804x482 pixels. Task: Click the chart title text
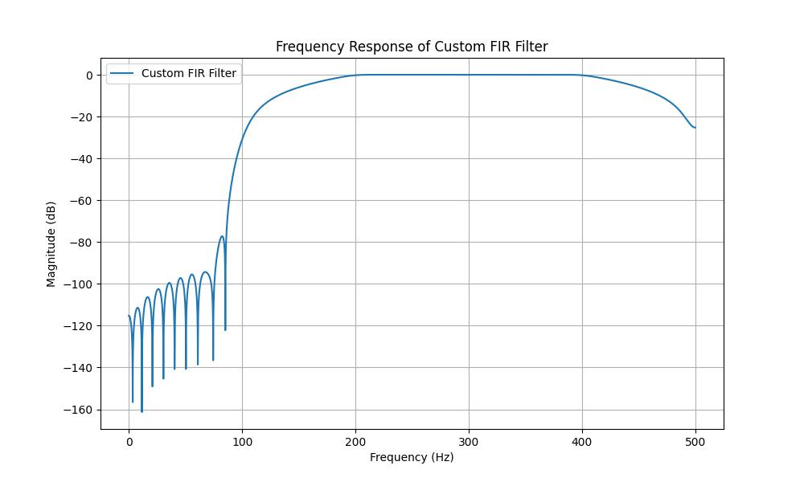(x=412, y=47)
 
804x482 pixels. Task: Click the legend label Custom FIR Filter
(x=189, y=74)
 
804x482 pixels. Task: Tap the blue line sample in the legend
(x=122, y=74)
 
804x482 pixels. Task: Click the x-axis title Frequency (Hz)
(x=412, y=457)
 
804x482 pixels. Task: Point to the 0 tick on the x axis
(x=129, y=440)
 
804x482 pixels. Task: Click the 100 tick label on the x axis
(x=242, y=440)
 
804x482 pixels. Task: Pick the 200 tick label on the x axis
(x=355, y=440)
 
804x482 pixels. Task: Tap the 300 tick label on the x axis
(x=469, y=440)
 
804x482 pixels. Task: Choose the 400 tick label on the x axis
(x=582, y=440)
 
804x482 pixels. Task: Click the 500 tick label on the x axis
(x=695, y=440)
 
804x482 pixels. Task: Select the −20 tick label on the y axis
(x=84, y=117)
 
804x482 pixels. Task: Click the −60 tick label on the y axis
(x=84, y=201)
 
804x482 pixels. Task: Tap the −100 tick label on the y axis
(x=81, y=284)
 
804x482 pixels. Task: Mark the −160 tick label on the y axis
(x=81, y=410)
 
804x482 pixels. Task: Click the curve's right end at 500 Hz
(x=695, y=128)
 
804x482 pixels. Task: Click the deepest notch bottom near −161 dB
(x=142, y=411)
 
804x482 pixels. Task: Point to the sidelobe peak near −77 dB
(x=222, y=236)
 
